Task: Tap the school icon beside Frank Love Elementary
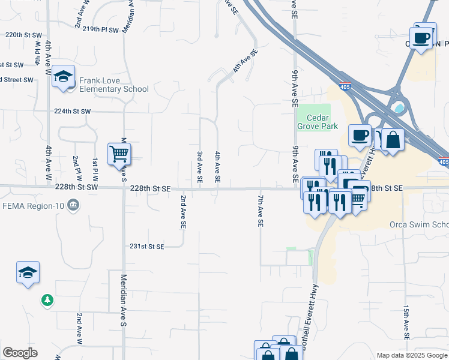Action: (63, 77)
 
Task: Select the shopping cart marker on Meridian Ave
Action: (119, 155)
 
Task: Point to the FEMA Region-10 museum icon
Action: (73, 205)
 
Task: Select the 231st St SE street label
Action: (147, 246)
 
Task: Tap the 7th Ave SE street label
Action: (261, 210)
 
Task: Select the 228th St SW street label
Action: (76, 187)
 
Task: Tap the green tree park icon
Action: (47, 299)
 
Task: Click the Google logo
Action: (20, 353)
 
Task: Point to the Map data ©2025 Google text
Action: (411, 355)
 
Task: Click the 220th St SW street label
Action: (22, 35)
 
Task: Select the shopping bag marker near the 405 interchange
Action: (392, 140)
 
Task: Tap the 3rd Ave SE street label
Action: (200, 167)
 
